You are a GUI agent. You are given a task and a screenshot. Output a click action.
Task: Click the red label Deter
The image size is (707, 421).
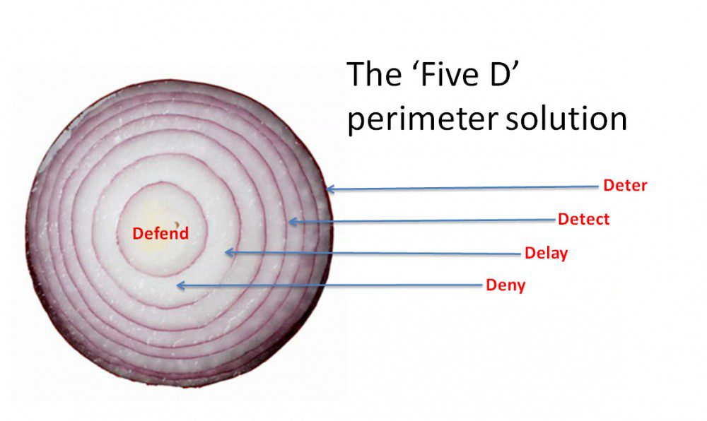625,186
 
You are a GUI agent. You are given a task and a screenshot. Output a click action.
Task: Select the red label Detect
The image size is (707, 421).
583,219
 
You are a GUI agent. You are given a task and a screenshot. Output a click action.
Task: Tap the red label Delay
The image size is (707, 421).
546,253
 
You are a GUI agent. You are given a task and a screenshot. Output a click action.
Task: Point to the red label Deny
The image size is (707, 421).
506,285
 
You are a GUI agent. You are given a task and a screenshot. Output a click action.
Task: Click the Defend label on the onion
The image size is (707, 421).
160,233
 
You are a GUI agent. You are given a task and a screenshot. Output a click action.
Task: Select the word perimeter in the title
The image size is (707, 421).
423,119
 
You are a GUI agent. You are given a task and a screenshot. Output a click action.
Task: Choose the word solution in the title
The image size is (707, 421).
566,119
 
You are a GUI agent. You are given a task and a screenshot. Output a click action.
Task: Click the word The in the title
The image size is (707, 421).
374,74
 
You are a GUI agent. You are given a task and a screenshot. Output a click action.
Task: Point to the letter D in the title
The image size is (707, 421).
501,74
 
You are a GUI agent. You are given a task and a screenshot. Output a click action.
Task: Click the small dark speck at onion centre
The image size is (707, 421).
177,224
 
